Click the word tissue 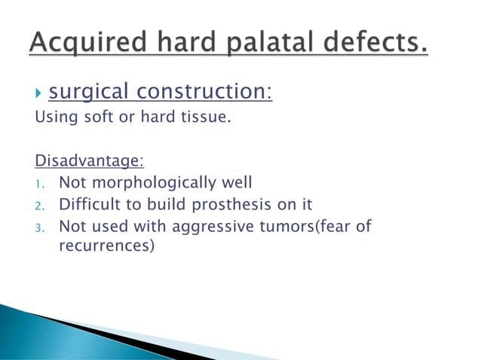tap(202, 117)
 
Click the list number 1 tap(40, 183)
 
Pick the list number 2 tap(40, 205)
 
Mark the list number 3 tap(40, 227)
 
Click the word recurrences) tap(106, 246)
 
